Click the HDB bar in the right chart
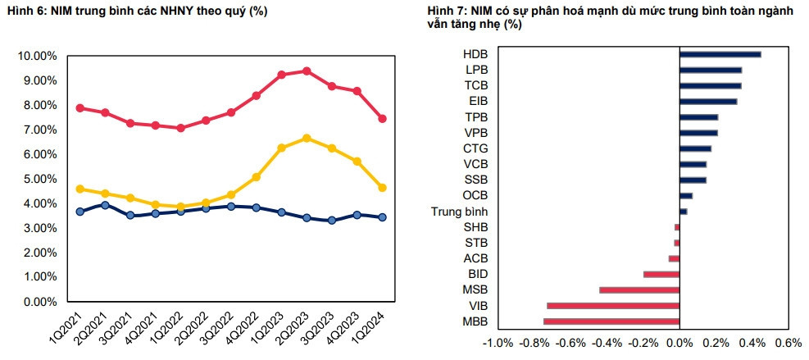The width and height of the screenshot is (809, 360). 720,55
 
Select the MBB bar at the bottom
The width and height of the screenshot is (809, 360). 611,321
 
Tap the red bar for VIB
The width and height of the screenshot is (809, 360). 613,305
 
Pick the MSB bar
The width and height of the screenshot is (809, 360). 639,289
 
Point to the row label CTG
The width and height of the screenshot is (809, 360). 475,148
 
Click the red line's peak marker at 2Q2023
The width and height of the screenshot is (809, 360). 307,71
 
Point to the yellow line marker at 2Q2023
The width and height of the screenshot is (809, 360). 307,139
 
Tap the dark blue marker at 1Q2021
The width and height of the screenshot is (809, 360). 80,212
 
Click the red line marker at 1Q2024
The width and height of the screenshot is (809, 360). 382,119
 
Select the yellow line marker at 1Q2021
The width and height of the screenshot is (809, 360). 80,189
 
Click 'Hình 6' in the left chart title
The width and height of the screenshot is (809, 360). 25,11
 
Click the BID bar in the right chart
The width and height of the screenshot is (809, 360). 661,274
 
